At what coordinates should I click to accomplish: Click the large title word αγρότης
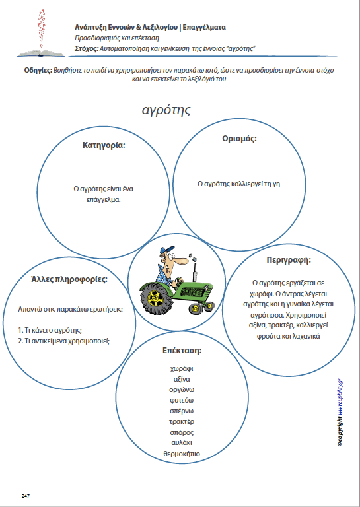[166, 110]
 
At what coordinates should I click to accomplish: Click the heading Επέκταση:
[181, 350]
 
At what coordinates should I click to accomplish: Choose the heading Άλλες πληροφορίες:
[69, 279]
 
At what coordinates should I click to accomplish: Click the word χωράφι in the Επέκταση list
[181, 368]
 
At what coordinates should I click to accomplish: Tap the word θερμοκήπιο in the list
[181, 454]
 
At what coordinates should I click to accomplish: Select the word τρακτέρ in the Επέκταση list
[181, 421]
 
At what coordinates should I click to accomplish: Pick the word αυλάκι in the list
[181, 443]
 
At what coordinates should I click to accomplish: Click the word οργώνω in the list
[181, 389]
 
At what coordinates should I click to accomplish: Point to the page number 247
[26, 495]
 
